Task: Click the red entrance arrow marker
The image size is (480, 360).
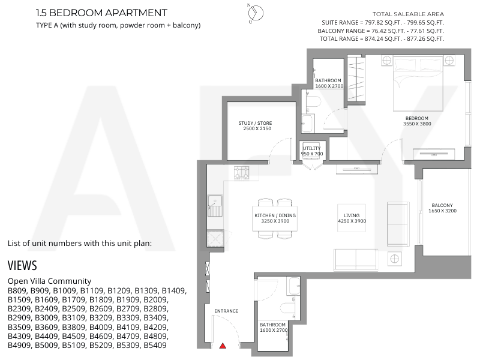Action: pyautogui.click(x=223, y=346)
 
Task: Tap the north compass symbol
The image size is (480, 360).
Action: pyautogui.click(x=256, y=13)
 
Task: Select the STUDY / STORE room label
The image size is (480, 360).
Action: pyautogui.click(x=256, y=126)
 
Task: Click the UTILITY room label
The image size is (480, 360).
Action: pyautogui.click(x=311, y=151)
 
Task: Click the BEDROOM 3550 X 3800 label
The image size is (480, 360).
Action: pyautogui.click(x=417, y=121)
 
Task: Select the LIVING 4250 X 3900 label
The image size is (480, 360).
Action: pyautogui.click(x=352, y=218)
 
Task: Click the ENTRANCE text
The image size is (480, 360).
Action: pyautogui.click(x=226, y=311)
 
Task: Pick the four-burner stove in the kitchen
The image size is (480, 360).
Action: pyautogui.click(x=242, y=173)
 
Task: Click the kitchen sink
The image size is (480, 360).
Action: pyautogui.click(x=215, y=206)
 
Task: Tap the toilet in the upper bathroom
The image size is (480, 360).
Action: pyautogui.click(x=313, y=101)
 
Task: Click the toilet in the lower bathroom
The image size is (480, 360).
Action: pyautogui.click(x=288, y=310)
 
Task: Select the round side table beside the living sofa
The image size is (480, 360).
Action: pyautogui.click(x=395, y=259)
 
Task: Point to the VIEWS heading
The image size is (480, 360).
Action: pyautogui.click(x=22, y=265)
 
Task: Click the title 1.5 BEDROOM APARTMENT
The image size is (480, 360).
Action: pyautogui.click(x=101, y=13)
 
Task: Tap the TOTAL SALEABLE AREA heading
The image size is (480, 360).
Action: pyautogui.click(x=408, y=14)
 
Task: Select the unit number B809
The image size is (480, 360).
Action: pyautogui.click(x=17, y=290)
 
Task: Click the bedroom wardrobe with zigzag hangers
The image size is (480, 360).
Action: pyautogui.click(x=356, y=80)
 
